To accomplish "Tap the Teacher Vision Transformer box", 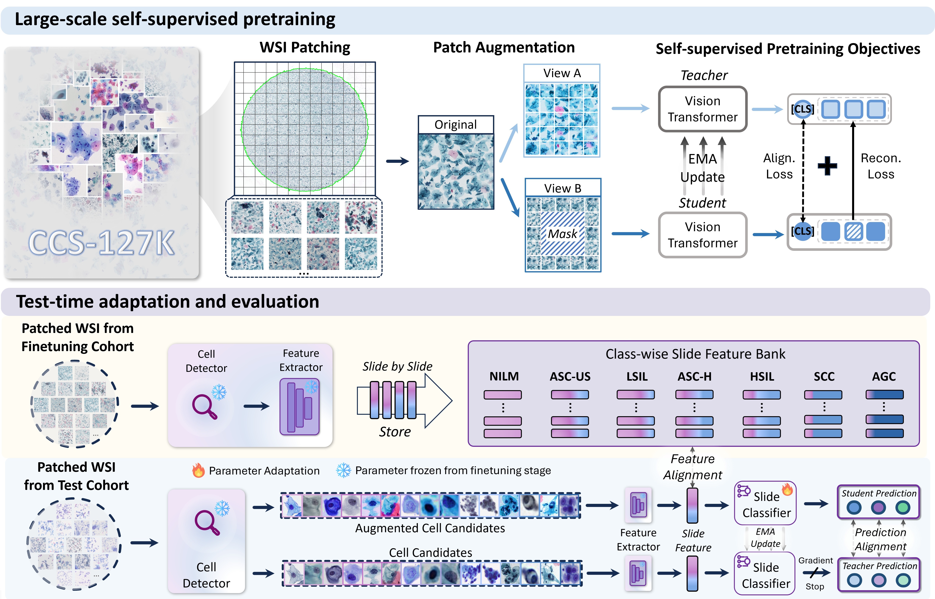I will (x=702, y=109).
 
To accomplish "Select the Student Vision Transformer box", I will (x=702, y=235).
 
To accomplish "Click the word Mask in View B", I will (x=562, y=234).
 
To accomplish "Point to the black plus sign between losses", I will (x=827, y=166).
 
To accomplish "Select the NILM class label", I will (x=504, y=377).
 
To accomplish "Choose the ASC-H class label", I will (x=695, y=377).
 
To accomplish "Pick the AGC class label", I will (x=884, y=377).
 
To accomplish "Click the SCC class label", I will (x=824, y=377).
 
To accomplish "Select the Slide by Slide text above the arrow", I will (x=397, y=366).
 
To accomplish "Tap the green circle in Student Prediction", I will (x=903, y=507).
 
